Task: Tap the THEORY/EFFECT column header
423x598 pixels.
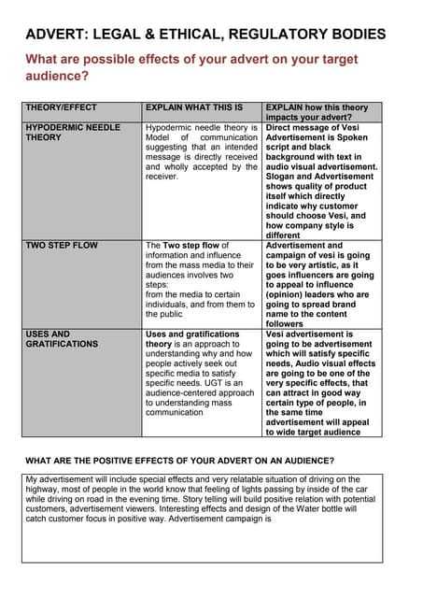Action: [x=61, y=107]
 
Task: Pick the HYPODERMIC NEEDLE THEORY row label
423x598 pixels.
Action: [x=73, y=132]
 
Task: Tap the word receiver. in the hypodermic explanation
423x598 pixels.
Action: [x=162, y=176]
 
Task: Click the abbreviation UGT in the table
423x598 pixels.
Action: [x=227, y=382]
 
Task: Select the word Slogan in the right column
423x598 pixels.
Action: [x=281, y=176]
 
